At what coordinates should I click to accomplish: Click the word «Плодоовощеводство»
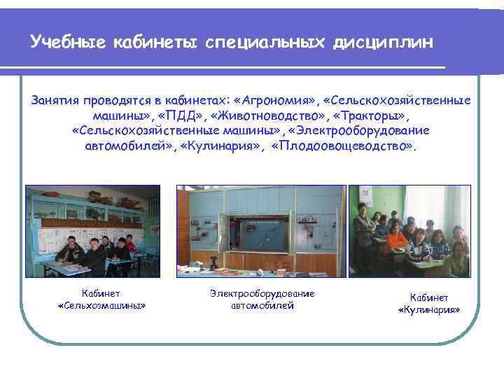pyautogui.click(x=343, y=146)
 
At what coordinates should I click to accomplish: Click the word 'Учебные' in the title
pyautogui.click(x=67, y=43)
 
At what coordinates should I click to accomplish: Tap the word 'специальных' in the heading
pyautogui.click(x=265, y=43)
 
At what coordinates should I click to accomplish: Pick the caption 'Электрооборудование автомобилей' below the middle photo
pyautogui.click(x=262, y=299)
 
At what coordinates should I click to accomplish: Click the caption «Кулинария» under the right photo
pyautogui.click(x=428, y=309)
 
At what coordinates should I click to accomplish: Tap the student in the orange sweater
pyautogui.click(x=396, y=238)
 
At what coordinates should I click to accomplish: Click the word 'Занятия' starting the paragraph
pyautogui.click(x=55, y=100)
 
